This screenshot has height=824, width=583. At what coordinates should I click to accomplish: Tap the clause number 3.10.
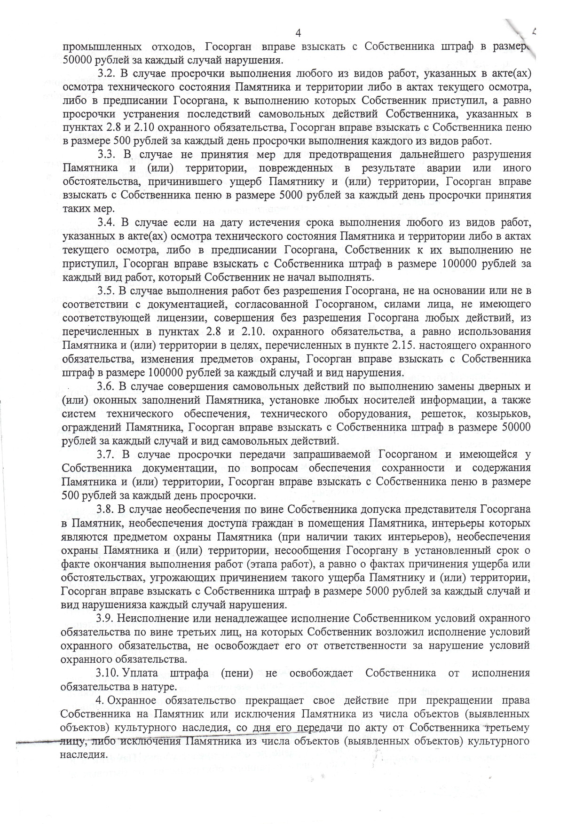108,673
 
